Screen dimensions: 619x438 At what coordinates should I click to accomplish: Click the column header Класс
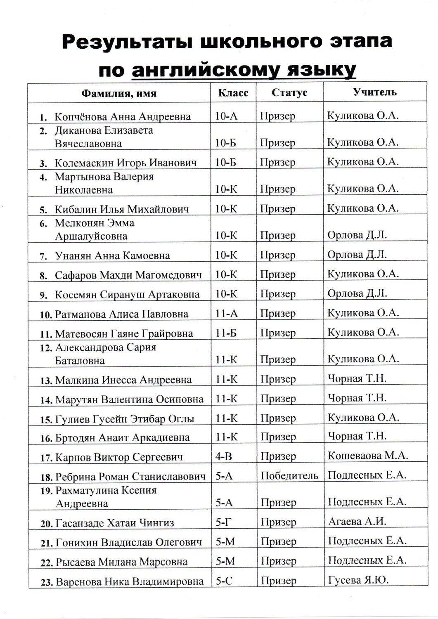(x=233, y=93)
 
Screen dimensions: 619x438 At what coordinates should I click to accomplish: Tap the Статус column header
(x=289, y=93)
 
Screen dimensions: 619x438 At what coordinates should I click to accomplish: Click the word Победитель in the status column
(x=289, y=475)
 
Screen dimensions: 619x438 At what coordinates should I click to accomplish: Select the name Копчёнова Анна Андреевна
(x=123, y=116)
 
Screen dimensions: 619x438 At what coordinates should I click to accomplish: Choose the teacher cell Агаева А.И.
(x=357, y=521)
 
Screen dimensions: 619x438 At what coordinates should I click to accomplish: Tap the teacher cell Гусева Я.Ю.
(x=358, y=580)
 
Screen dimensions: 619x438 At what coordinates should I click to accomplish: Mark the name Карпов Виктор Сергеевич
(x=119, y=457)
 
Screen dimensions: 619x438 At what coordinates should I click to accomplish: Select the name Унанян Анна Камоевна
(x=112, y=255)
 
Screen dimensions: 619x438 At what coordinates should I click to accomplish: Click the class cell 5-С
(x=224, y=581)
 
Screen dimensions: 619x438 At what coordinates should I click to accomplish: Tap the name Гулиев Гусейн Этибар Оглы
(x=125, y=419)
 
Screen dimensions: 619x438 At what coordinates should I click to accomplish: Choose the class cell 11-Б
(x=226, y=333)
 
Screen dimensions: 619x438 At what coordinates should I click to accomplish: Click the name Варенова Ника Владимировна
(x=130, y=582)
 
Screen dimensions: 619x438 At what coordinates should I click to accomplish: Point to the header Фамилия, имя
(x=119, y=93)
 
